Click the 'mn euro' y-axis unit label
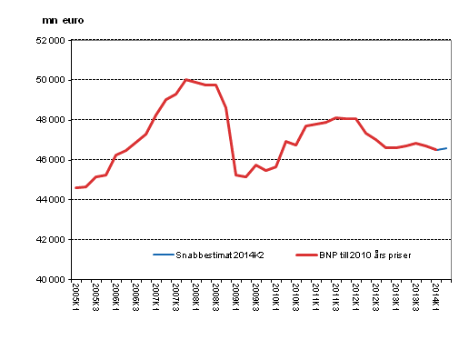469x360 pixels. coord(63,20)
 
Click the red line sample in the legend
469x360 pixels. coord(299,256)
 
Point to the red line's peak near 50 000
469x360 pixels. coord(186,80)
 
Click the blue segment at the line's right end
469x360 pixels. coord(442,149)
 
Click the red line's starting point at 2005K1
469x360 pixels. coord(75,187)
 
